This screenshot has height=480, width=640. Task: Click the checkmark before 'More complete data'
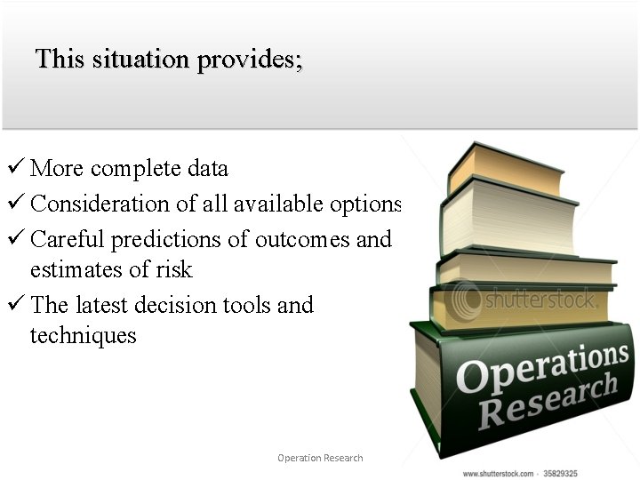point(15,168)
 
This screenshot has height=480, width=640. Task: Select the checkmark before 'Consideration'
point(15,204)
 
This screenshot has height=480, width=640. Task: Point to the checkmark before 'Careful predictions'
point(15,239)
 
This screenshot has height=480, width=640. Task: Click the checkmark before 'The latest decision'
point(15,305)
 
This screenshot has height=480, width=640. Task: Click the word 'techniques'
point(83,336)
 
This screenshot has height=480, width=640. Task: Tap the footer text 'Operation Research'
point(320,458)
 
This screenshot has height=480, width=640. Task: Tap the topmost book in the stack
point(506,169)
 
